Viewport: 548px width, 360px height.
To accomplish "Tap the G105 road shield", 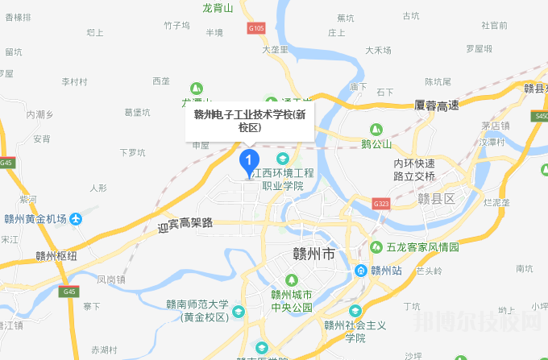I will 256,28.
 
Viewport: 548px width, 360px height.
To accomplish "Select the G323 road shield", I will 381,205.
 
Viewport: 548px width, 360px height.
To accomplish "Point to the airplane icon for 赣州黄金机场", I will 75,218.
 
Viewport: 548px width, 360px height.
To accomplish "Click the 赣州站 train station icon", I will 362,270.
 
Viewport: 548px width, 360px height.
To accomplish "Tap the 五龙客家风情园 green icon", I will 376,246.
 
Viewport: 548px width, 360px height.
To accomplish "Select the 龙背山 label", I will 217,8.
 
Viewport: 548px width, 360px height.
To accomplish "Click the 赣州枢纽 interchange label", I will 56,256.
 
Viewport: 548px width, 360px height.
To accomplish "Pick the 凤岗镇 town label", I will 111,279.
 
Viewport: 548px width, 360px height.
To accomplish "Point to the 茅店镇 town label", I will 495,126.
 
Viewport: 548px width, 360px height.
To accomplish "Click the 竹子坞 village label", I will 176,26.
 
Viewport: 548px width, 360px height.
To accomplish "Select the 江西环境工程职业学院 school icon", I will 282,158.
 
